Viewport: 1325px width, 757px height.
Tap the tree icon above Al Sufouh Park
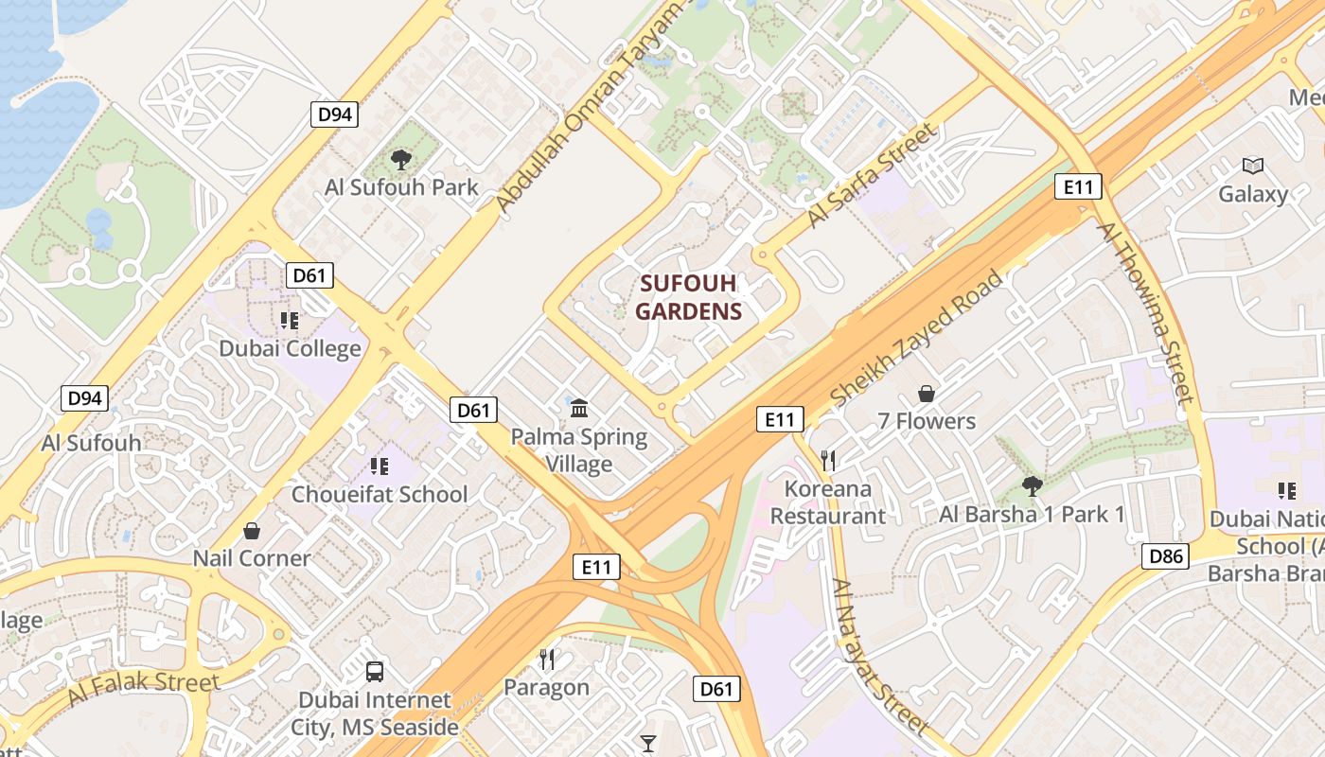point(401,159)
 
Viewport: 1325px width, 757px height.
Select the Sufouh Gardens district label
point(688,297)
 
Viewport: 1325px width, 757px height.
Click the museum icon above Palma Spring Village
point(579,408)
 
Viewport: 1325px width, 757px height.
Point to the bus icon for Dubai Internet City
point(375,672)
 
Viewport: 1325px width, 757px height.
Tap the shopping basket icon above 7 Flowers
point(927,394)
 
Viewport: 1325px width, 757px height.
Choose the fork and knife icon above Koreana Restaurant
point(828,461)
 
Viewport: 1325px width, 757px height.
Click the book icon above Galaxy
point(1253,167)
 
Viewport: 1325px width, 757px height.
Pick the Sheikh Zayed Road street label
point(915,339)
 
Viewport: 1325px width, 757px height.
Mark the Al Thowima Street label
point(1146,313)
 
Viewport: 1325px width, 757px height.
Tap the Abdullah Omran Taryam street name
point(588,108)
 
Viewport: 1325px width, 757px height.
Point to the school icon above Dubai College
point(290,321)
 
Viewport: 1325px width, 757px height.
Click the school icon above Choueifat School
point(380,466)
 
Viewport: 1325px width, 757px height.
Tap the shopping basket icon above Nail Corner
point(252,531)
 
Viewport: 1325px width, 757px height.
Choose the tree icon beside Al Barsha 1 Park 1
point(1032,486)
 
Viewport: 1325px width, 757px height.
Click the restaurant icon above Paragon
point(547,659)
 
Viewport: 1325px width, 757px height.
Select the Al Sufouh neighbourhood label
point(91,443)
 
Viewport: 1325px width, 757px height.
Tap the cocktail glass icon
point(648,743)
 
